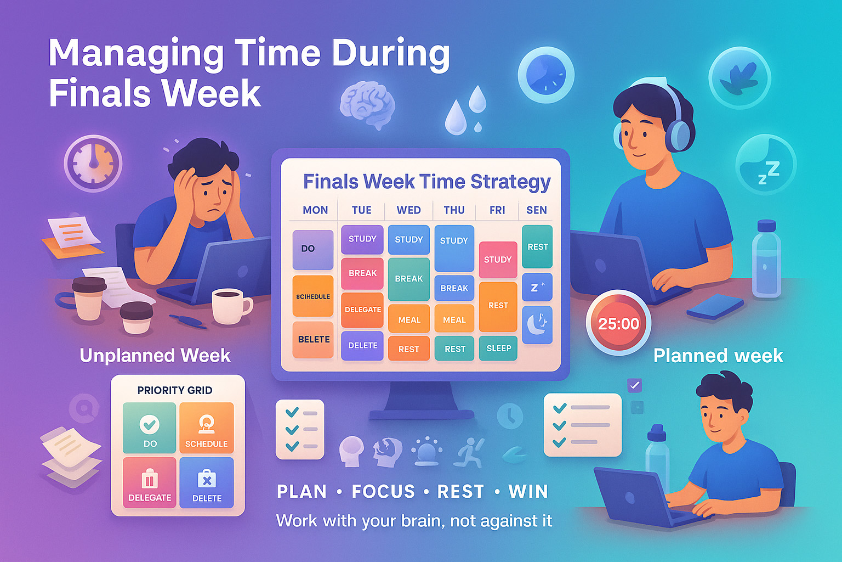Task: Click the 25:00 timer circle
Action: coord(618,323)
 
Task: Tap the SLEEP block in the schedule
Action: coord(498,349)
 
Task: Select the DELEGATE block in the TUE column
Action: coord(362,310)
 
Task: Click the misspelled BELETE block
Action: coord(314,339)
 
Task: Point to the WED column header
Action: coord(408,210)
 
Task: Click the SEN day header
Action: coord(536,210)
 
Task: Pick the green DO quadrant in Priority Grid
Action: coord(150,428)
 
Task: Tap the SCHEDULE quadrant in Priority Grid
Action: coord(206,428)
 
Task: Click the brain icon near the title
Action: coord(367,104)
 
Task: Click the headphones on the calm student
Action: coord(678,129)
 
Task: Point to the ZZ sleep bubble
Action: coord(766,165)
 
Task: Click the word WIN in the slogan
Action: coord(528,491)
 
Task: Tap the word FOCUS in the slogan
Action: coord(383,491)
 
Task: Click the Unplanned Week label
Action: coord(155,356)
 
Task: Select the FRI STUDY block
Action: coord(498,260)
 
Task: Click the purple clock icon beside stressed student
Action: coord(93,163)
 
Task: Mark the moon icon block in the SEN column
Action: coord(537,325)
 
